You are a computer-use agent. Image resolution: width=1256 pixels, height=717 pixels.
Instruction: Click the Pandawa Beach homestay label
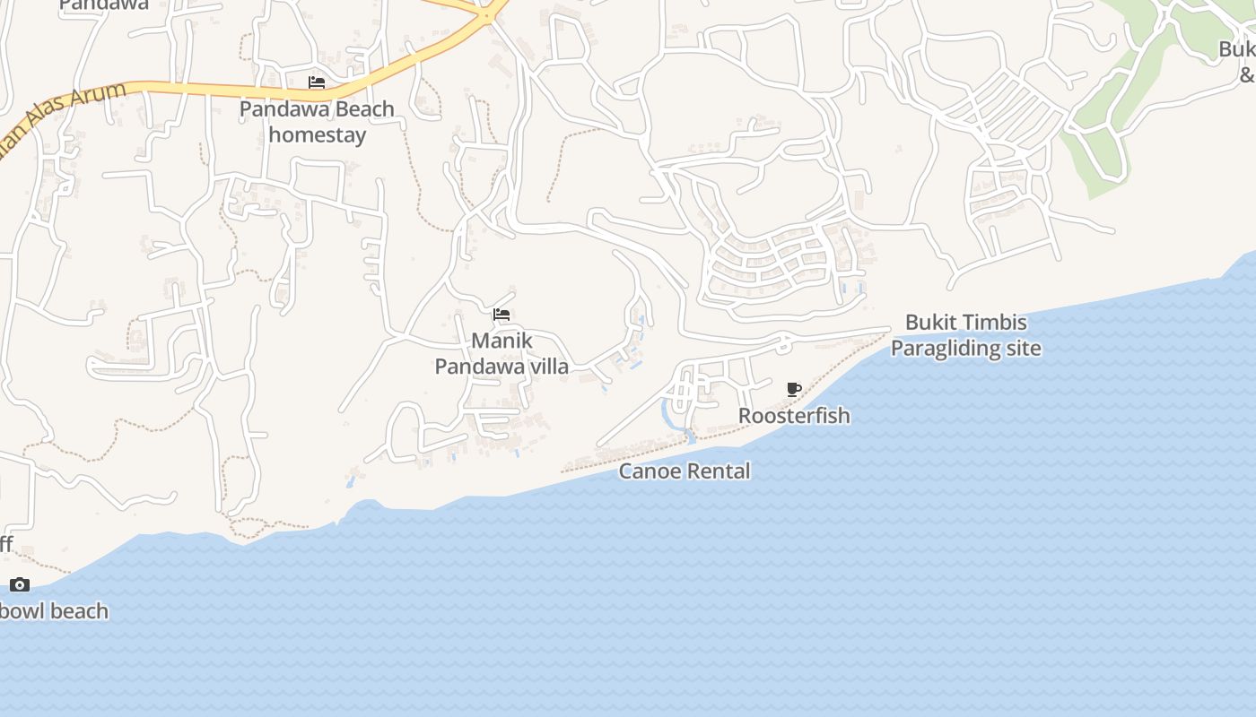pos(317,122)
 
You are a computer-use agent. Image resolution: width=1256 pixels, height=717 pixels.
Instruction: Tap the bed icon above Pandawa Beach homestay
pos(317,82)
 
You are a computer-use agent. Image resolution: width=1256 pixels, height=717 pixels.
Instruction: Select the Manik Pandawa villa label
pos(502,353)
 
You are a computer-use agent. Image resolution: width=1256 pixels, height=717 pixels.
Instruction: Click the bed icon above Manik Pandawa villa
pos(502,315)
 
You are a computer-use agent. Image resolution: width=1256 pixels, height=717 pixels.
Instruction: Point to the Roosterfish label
pos(794,416)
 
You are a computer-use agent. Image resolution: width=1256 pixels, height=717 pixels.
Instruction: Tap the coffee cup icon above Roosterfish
pos(794,389)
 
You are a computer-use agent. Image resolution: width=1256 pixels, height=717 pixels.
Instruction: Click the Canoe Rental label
pos(685,471)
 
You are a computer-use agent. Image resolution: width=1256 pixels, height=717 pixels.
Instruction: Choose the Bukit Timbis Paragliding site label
pos(966,335)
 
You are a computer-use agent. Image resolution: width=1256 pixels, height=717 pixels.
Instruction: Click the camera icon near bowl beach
pos(20,585)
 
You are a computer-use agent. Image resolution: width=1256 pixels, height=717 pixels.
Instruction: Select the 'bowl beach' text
pos(54,611)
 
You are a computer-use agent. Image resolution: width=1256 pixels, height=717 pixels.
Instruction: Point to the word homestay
pos(318,135)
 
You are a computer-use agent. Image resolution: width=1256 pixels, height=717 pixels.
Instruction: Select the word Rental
pos(720,471)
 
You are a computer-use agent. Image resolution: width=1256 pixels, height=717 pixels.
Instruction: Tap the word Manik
pos(502,341)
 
